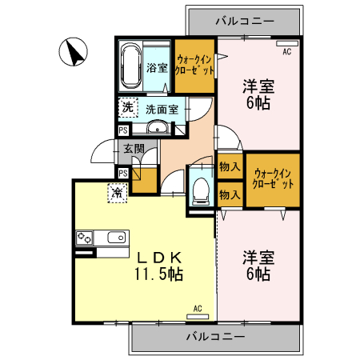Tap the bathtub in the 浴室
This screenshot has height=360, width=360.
(x=130, y=67)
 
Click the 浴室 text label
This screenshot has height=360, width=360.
(x=157, y=68)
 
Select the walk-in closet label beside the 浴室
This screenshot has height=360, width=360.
(x=194, y=66)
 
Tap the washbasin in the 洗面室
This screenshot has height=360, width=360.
(x=157, y=128)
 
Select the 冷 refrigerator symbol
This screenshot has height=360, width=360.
(x=118, y=192)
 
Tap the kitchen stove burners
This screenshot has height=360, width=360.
(x=86, y=237)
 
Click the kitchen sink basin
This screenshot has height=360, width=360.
(x=115, y=237)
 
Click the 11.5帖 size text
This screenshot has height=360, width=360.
(x=159, y=274)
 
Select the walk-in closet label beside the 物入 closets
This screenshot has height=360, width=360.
(x=272, y=178)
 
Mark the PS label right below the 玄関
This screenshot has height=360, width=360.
(x=123, y=172)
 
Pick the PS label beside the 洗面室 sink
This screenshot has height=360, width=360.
(x=123, y=129)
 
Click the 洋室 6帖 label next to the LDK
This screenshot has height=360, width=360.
(x=258, y=266)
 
